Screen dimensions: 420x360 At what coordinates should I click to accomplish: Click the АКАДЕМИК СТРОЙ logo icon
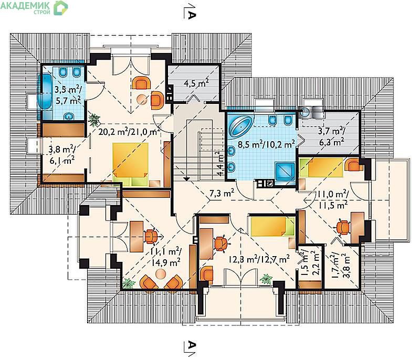tap(61, 7)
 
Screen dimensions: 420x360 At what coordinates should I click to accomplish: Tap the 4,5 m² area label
tap(196, 83)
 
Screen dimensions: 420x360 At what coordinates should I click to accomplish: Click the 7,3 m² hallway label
tap(222, 193)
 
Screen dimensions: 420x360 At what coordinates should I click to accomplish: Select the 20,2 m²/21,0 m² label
tap(129, 131)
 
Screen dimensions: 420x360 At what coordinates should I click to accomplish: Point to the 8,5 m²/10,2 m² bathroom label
tap(267, 144)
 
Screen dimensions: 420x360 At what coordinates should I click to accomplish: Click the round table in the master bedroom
tap(142, 100)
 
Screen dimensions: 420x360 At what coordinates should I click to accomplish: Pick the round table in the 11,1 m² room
tap(161, 273)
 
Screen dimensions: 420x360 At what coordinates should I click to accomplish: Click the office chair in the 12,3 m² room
tap(220, 243)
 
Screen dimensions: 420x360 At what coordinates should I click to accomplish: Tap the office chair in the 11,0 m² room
tap(343, 227)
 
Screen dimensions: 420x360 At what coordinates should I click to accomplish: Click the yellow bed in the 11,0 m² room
tap(321, 167)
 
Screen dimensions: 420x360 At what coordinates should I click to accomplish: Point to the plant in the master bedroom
tap(94, 119)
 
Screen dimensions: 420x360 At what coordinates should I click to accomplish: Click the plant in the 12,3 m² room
tap(266, 279)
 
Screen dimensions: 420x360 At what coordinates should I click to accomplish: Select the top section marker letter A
tap(191, 15)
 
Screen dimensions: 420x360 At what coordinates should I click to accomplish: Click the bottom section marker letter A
tap(191, 345)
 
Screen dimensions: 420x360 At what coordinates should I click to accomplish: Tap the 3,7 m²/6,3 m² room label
tap(331, 136)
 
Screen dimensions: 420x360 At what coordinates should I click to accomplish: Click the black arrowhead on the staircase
tap(187, 178)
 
